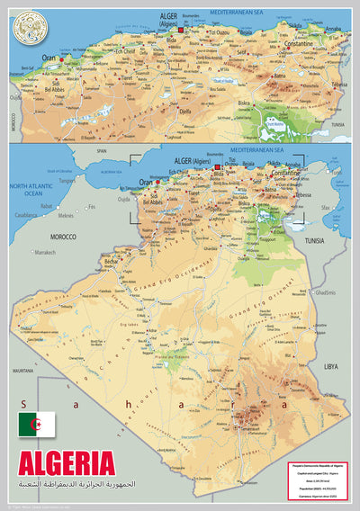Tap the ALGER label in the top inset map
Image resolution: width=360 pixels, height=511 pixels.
[x=169, y=16]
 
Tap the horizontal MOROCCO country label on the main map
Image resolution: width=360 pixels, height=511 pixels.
[x=62, y=237]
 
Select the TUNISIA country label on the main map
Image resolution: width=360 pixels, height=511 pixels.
[x=315, y=242]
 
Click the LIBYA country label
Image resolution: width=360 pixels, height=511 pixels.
[x=330, y=366]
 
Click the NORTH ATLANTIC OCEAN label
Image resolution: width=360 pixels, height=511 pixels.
[x=26, y=189]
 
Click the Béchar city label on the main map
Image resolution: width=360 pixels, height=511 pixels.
[x=112, y=263]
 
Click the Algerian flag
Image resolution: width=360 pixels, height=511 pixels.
[x=37, y=424]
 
